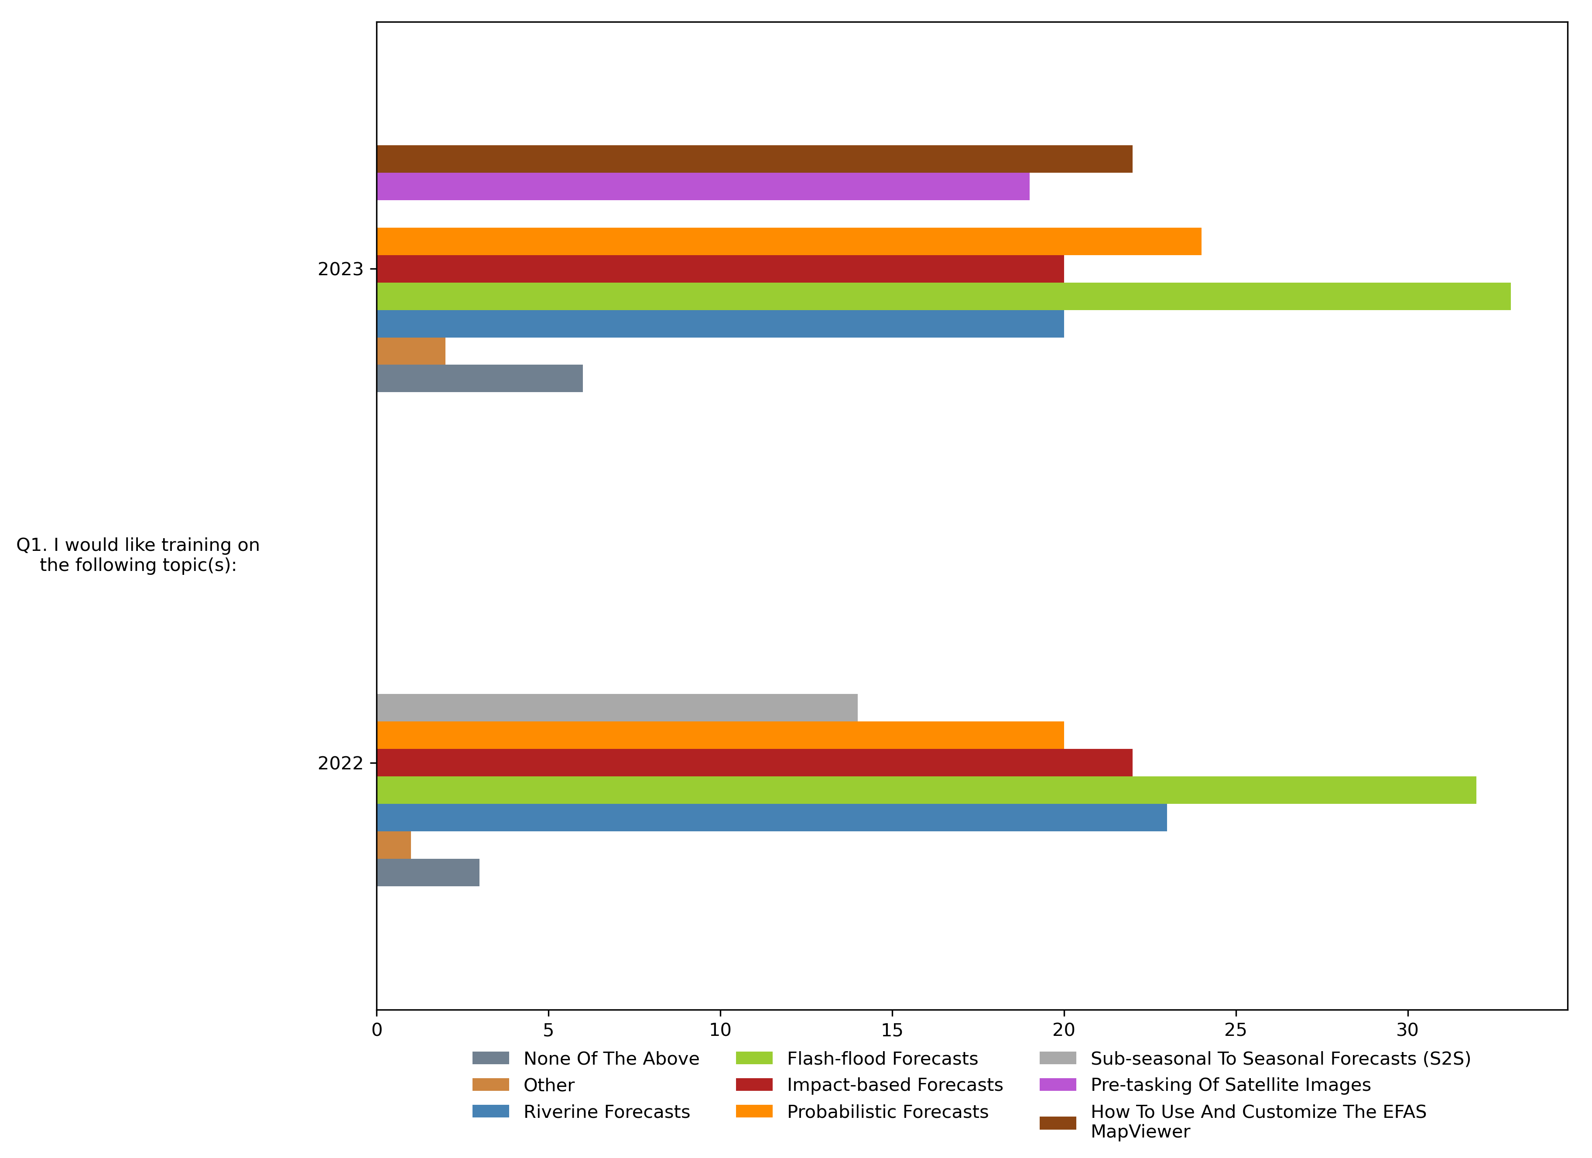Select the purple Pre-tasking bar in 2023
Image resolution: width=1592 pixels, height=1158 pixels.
(x=703, y=187)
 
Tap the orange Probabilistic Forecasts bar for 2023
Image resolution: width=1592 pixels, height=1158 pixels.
(x=788, y=242)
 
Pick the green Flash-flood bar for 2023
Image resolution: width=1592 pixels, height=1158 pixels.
(x=943, y=296)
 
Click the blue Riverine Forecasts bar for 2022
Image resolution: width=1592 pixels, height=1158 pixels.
(x=771, y=818)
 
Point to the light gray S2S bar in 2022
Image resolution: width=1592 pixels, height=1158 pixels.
(x=616, y=707)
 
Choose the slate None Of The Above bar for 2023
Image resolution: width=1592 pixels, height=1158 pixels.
(x=479, y=378)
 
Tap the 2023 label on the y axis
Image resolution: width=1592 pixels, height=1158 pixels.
(x=340, y=270)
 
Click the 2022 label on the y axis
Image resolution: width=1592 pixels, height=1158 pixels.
(x=340, y=764)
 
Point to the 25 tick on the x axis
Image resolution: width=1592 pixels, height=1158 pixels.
(x=1236, y=1030)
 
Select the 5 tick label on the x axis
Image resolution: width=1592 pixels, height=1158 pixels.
(x=548, y=1030)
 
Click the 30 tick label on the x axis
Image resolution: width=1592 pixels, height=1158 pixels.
(x=1407, y=1030)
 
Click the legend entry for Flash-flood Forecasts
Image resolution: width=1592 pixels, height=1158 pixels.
(x=882, y=1059)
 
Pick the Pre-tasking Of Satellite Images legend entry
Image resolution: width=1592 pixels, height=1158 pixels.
(x=1230, y=1085)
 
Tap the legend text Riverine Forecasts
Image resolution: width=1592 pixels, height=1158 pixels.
(x=606, y=1112)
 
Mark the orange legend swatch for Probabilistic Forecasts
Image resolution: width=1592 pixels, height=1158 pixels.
(x=754, y=1112)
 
